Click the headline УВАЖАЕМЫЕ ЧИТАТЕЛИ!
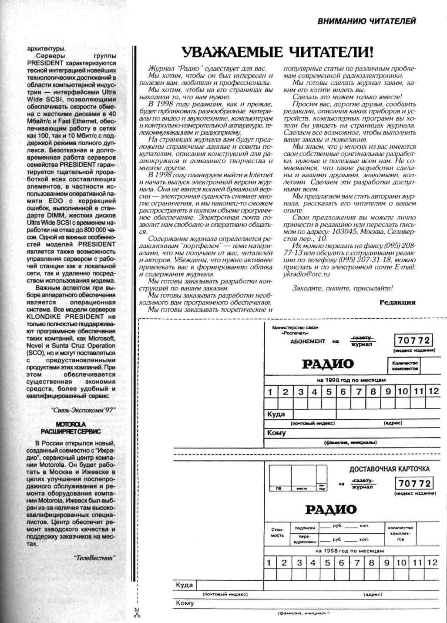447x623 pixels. click(278, 52)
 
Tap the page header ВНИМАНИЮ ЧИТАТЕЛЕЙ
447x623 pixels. click(366, 21)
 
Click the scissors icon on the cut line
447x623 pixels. click(137, 613)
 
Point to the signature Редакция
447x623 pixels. click(397, 302)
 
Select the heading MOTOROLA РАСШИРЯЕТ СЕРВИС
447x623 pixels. click(71, 428)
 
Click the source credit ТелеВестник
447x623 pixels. click(94, 558)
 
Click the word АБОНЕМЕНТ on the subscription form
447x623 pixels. click(307, 342)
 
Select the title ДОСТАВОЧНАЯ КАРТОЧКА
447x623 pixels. click(389, 469)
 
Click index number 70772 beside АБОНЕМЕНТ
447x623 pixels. click(413, 340)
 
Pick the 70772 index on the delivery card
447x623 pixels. click(414, 483)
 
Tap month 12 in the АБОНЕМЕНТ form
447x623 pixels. click(433, 391)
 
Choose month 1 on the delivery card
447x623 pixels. click(269, 562)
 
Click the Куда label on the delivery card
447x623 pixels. click(184, 585)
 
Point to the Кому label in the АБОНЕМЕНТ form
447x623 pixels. click(276, 433)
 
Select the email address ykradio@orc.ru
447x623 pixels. click(306, 274)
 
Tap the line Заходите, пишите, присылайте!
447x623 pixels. click(342, 288)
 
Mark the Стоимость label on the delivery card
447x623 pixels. click(277, 532)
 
